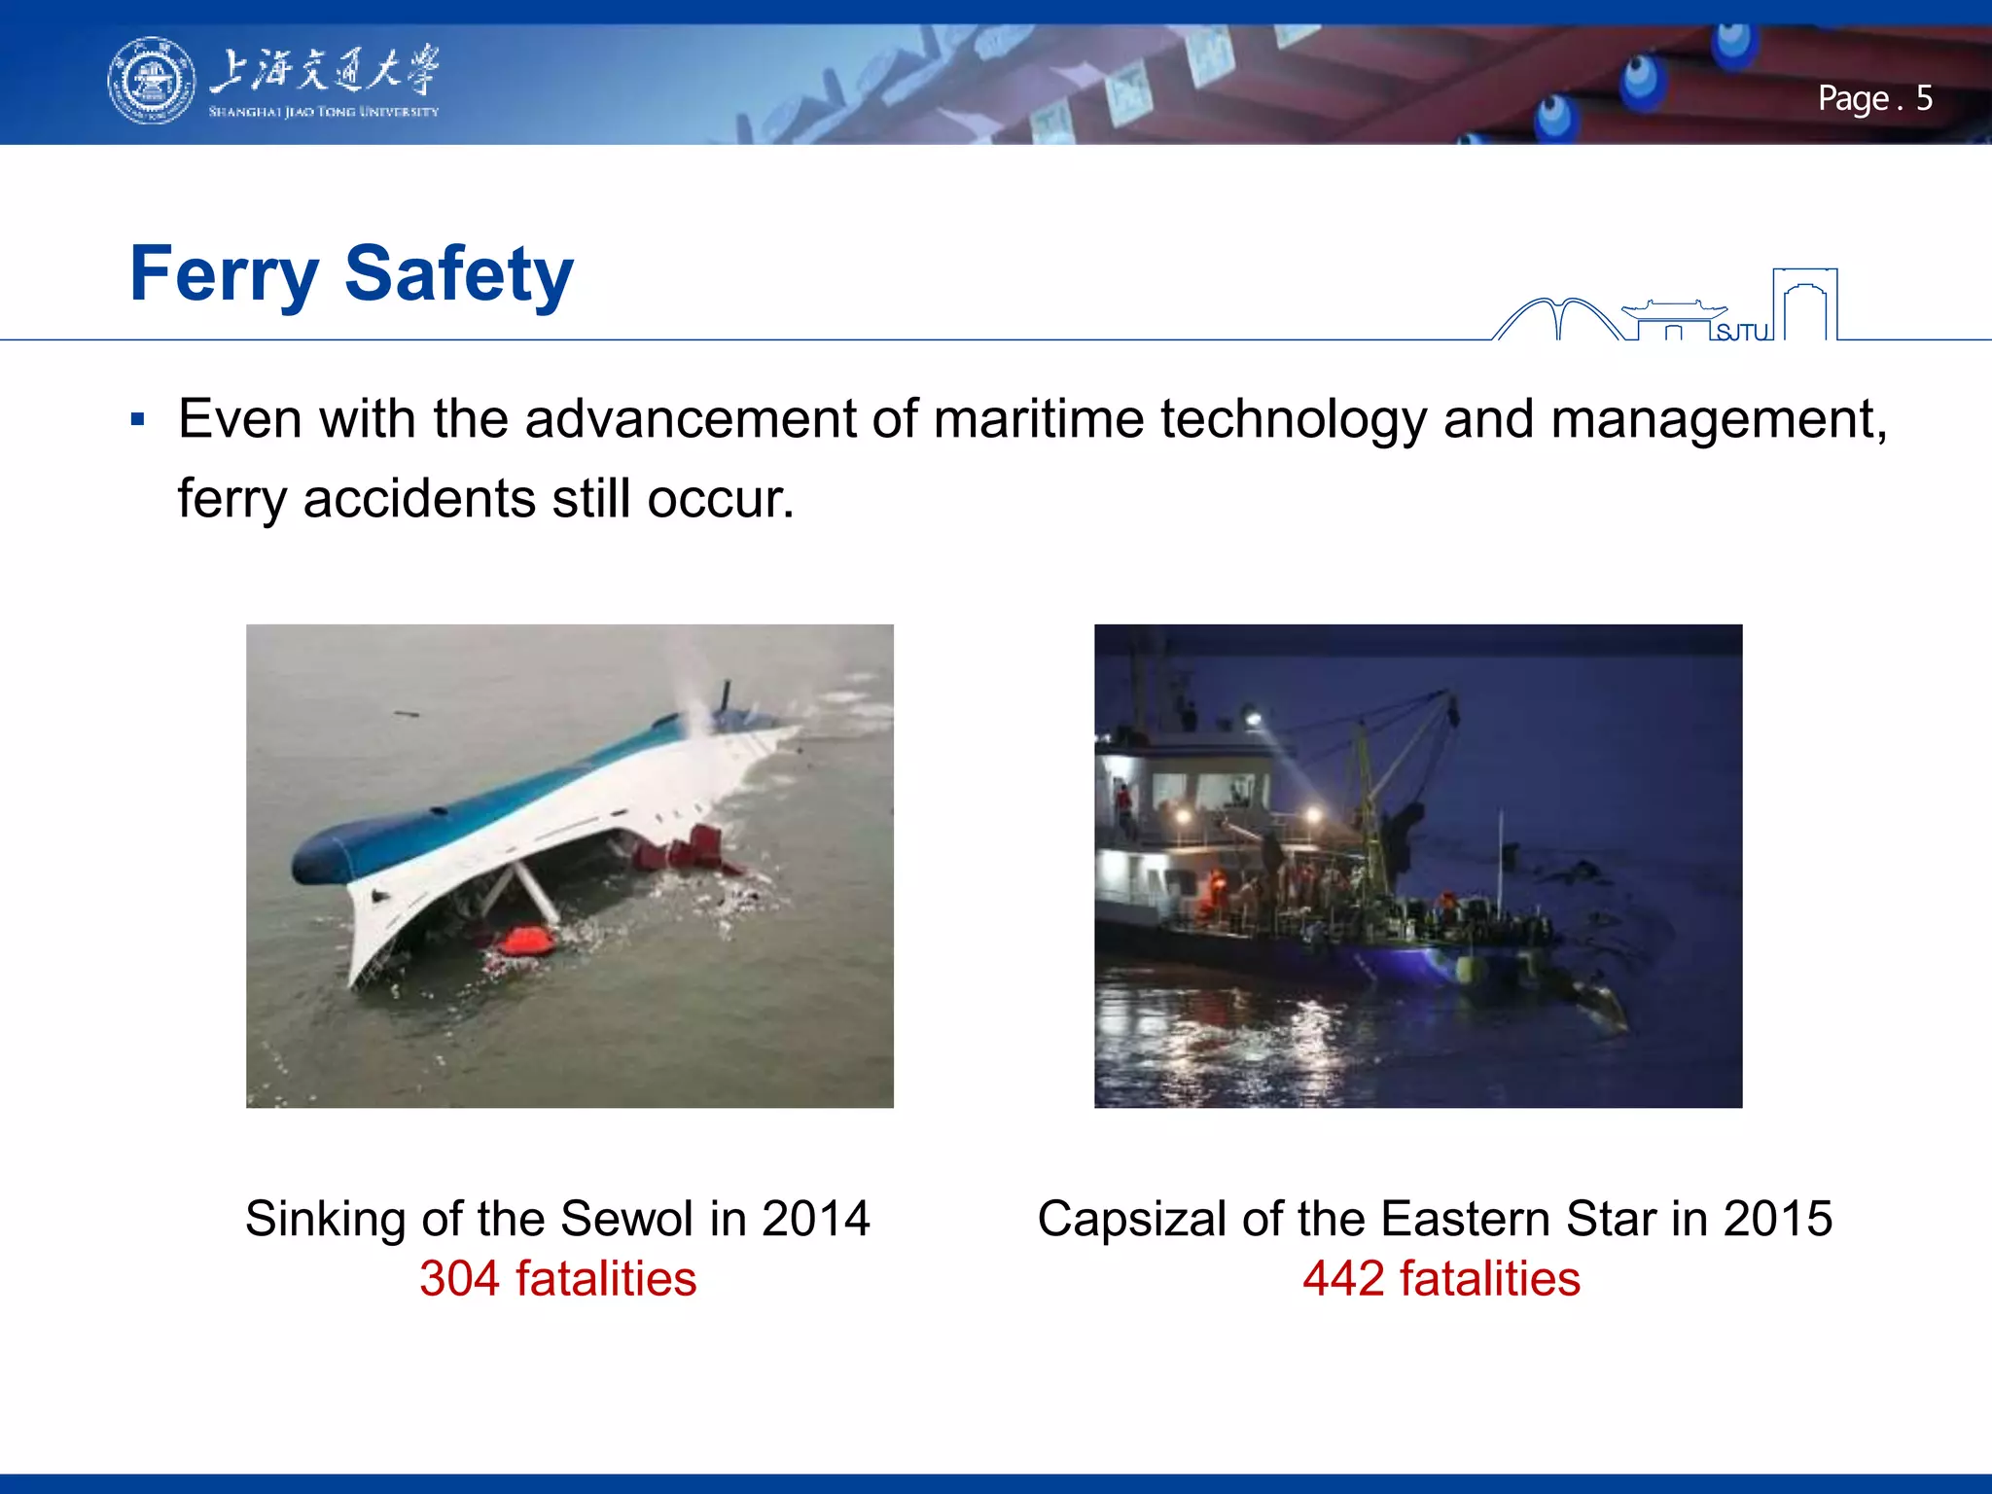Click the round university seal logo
(x=151, y=81)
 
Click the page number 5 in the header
(x=1923, y=98)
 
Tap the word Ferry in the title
(x=225, y=274)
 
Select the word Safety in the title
(x=458, y=274)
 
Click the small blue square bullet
(x=137, y=420)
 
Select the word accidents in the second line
(x=418, y=499)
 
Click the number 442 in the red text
(x=1342, y=1279)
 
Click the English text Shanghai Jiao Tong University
(x=323, y=112)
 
